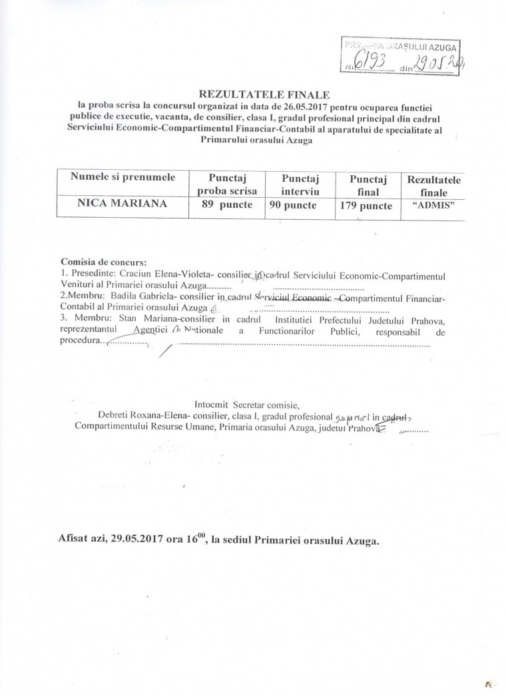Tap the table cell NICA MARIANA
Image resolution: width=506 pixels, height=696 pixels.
coord(120,204)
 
